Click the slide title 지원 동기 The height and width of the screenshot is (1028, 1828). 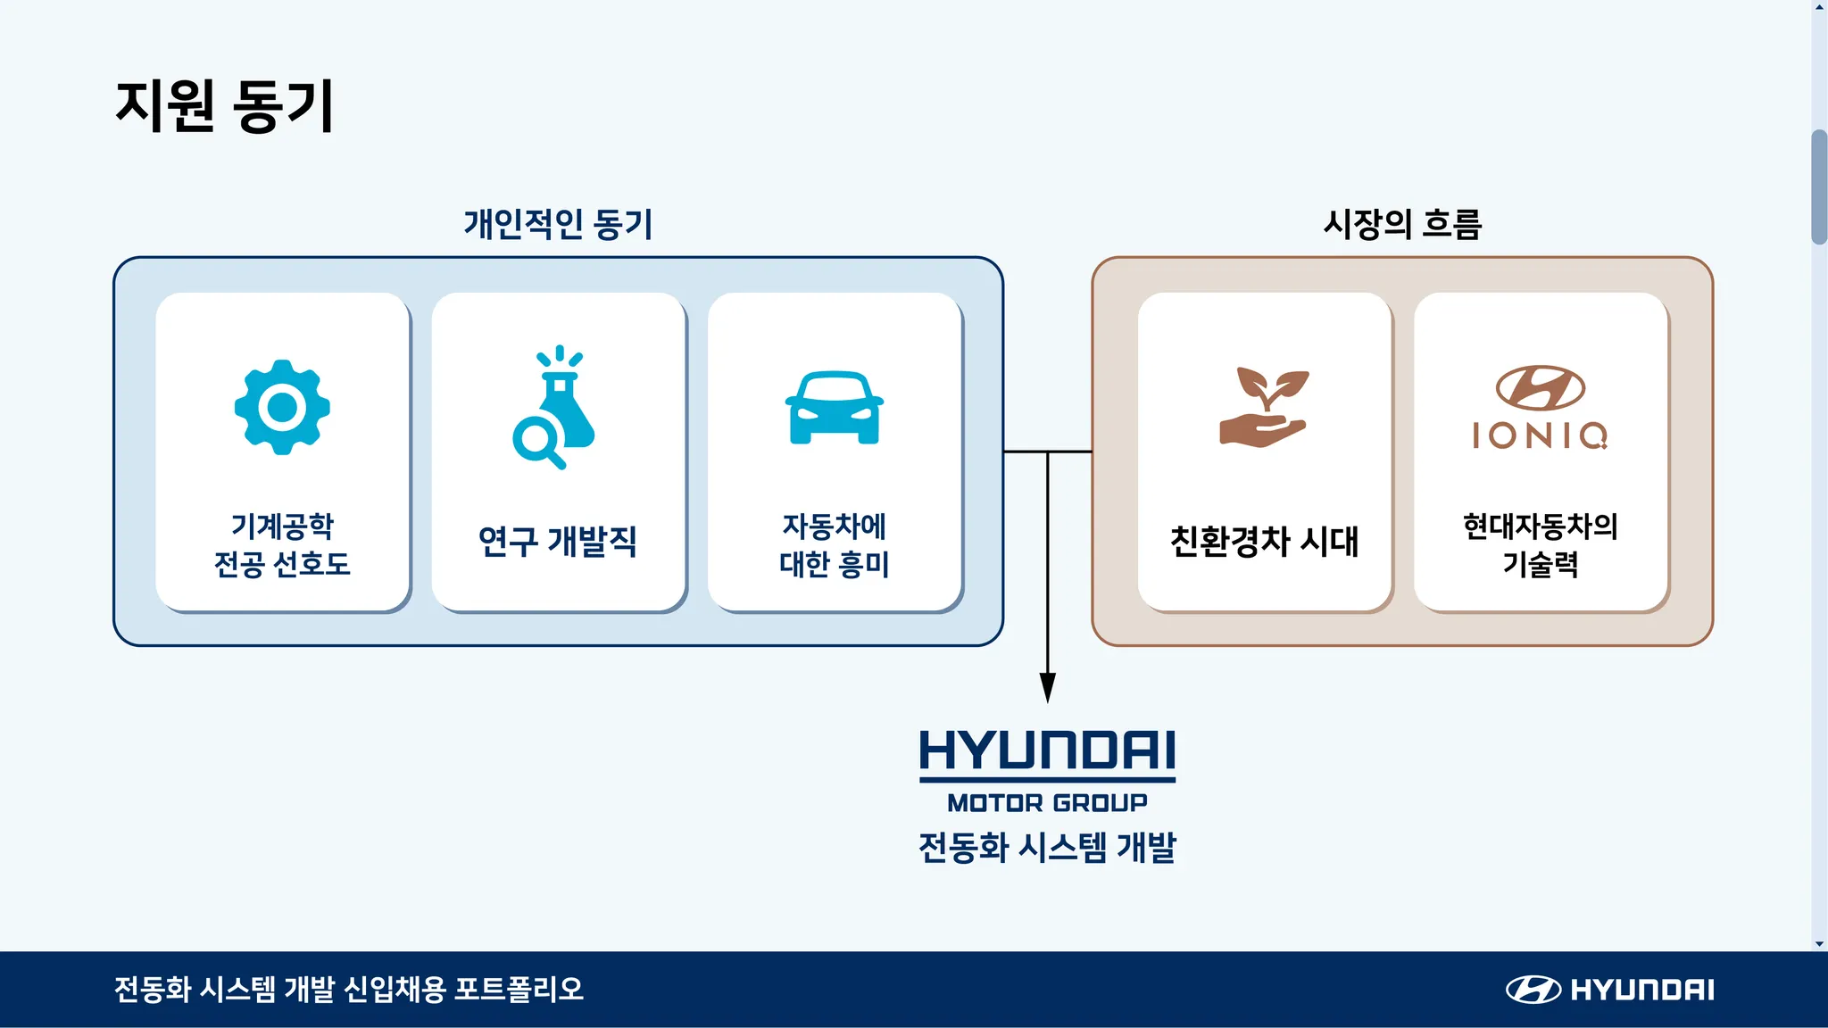[x=224, y=106]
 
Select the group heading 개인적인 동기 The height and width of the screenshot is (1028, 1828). [x=558, y=224]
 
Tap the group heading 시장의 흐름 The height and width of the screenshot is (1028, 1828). [x=1401, y=224]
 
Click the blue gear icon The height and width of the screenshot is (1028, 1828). [x=282, y=407]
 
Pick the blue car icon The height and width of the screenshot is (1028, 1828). [x=834, y=408]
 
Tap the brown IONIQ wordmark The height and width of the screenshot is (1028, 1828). [x=1540, y=435]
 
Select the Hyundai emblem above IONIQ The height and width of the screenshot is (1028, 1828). [x=1541, y=387]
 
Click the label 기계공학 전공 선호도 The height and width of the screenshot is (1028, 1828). [x=282, y=544]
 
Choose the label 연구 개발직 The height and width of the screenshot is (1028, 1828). [x=558, y=542]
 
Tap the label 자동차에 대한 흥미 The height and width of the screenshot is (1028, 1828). [x=834, y=544]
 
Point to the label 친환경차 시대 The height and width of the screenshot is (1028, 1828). [x=1264, y=542]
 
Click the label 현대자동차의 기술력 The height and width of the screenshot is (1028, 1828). [x=1541, y=544]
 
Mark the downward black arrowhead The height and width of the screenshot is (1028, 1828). [x=1048, y=687]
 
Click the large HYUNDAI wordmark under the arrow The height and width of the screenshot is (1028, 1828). [x=1047, y=750]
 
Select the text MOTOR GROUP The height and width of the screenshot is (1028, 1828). [x=1047, y=803]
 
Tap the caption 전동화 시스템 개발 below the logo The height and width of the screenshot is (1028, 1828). [x=1047, y=847]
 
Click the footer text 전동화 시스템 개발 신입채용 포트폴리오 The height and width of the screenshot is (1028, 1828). [x=349, y=990]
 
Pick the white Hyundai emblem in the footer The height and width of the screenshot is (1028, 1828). [x=1533, y=990]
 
